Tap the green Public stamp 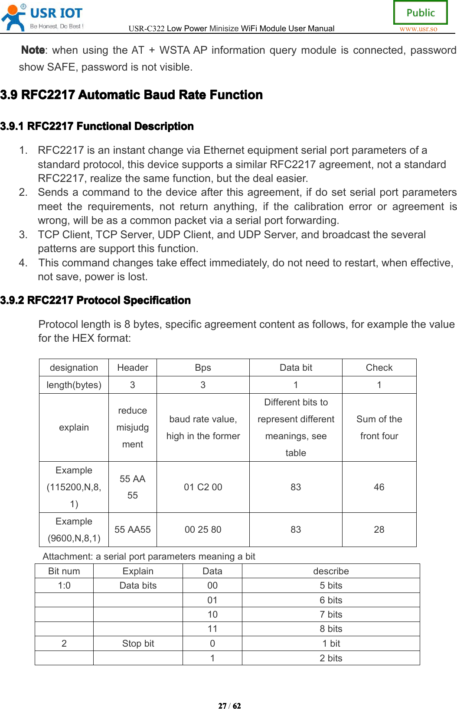[420, 13]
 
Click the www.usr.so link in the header [418, 29]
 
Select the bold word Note [33, 50]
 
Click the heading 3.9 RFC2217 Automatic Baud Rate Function [131, 95]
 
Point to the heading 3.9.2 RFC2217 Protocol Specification [95, 300]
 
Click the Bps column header [203, 368]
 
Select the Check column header [379, 368]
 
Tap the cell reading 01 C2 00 [203, 487]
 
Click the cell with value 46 [379, 487]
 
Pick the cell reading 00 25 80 [203, 530]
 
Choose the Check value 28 [379, 530]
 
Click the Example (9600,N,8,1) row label [74, 530]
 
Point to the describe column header [331, 571]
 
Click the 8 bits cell [331, 629]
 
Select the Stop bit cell [138, 644]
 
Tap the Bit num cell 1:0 [64, 586]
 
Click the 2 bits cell [331, 658]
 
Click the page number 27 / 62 [229, 706]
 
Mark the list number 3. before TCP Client [23, 235]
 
